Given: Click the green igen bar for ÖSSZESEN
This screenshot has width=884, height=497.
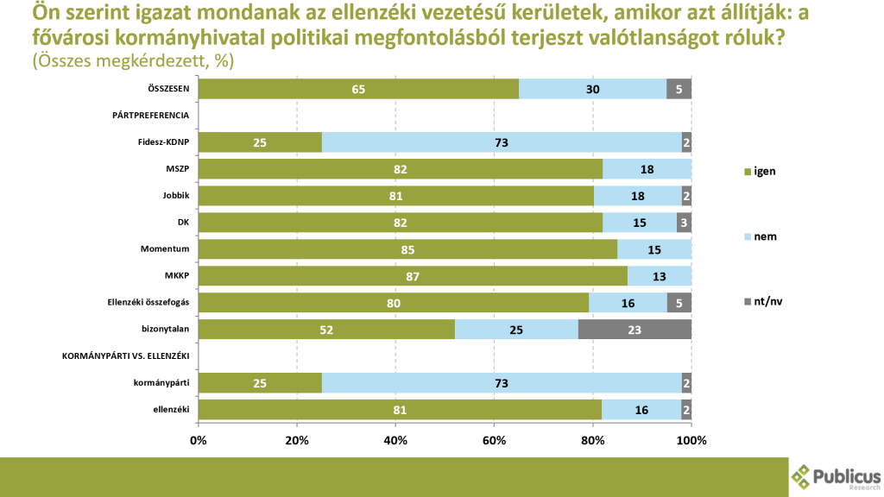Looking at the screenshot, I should [358, 89].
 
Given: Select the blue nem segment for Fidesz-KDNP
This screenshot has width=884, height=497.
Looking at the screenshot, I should [505, 142].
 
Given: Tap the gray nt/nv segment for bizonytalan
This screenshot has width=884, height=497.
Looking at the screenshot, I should [635, 330].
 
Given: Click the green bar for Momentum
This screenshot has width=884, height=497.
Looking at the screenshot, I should [407, 249].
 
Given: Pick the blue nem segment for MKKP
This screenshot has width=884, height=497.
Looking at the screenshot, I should [660, 276].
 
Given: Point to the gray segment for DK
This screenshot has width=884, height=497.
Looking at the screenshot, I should [684, 223].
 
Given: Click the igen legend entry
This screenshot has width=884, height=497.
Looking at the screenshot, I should [759, 171].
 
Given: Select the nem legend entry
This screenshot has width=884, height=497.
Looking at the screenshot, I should [759, 236].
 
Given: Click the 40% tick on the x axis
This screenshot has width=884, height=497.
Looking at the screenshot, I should [395, 440].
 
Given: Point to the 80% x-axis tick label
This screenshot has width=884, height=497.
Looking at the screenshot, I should [593, 440].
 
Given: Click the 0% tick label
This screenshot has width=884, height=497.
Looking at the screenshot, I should [199, 440].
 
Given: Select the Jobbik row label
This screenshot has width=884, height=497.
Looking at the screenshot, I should [176, 196].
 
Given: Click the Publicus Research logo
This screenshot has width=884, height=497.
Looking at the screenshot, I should [837, 477].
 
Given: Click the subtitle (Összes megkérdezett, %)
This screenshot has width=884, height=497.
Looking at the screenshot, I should [133, 62].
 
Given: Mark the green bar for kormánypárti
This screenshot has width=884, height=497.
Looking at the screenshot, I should [260, 383].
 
